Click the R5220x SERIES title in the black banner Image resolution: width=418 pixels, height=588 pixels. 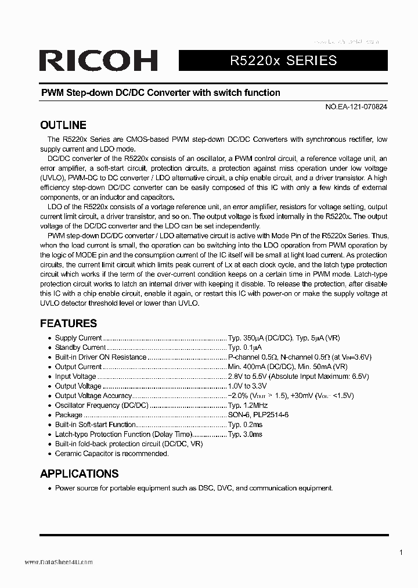[x=283, y=60]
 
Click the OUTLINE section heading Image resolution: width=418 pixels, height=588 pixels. [x=63, y=125]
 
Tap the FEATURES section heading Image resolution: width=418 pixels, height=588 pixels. [x=68, y=323]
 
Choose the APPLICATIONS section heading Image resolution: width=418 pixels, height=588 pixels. [x=79, y=473]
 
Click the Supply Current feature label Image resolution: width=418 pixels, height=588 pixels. [x=78, y=338]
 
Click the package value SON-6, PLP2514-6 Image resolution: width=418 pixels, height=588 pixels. [x=258, y=415]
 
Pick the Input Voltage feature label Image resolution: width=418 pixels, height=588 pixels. [x=75, y=377]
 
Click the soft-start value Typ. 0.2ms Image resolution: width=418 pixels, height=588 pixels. [x=245, y=425]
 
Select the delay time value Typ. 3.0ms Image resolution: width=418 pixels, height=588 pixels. [x=245, y=434]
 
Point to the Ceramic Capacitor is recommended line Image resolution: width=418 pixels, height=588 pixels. [x=110, y=453]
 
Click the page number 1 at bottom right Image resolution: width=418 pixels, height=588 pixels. [x=401, y=552]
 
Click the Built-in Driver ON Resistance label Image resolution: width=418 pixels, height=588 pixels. [x=100, y=357]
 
